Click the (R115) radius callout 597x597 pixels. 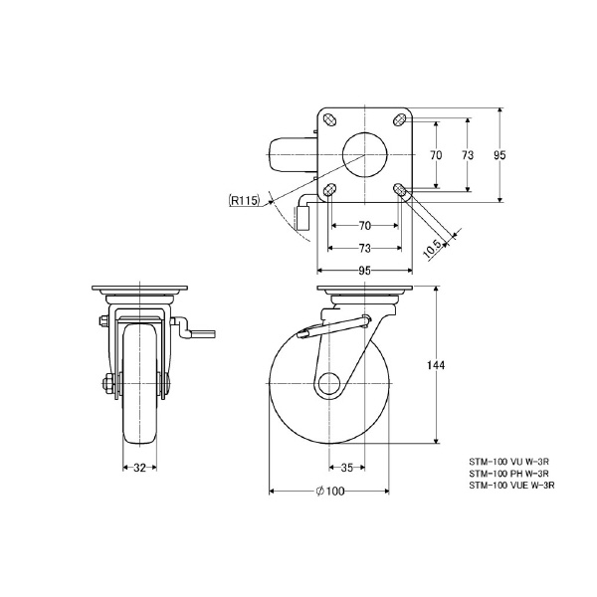pyautogui.click(x=244, y=201)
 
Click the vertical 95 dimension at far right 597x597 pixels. pyautogui.click(x=500, y=154)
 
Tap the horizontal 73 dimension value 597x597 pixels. pyautogui.click(x=364, y=247)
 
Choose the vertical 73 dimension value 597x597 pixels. pyautogui.click(x=466, y=154)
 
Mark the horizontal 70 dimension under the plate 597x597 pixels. pyautogui.click(x=364, y=226)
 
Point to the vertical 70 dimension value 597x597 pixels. pyautogui.click(x=436, y=154)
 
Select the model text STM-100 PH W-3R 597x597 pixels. pyautogui.click(x=509, y=474)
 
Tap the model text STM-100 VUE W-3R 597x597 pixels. pyautogui.click(x=511, y=486)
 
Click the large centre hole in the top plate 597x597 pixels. pyautogui.click(x=364, y=153)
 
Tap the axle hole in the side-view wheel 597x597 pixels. pyautogui.click(x=329, y=383)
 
